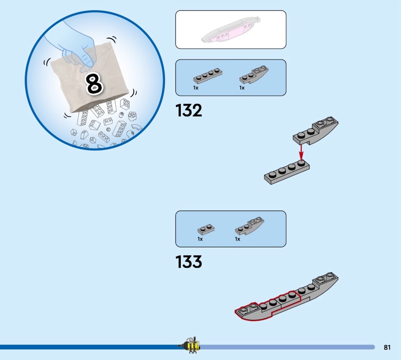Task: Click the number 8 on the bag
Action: tap(94, 83)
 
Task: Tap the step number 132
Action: tap(189, 110)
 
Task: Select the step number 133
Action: tap(189, 262)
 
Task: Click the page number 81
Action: tap(387, 347)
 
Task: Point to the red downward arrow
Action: tap(301, 153)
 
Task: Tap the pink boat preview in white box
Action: tap(230, 30)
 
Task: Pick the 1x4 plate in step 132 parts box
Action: tap(208, 76)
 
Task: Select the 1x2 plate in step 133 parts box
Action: tap(206, 229)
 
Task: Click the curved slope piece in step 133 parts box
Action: tap(249, 226)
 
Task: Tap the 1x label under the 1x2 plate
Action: tap(200, 239)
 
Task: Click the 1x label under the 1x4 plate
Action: tap(195, 88)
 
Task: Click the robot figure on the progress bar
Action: tap(192, 345)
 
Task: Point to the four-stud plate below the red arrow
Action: tap(287, 171)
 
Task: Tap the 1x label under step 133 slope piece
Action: tap(238, 239)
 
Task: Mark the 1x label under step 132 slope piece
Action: tap(242, 88)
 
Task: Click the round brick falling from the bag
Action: tap(132, 116)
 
